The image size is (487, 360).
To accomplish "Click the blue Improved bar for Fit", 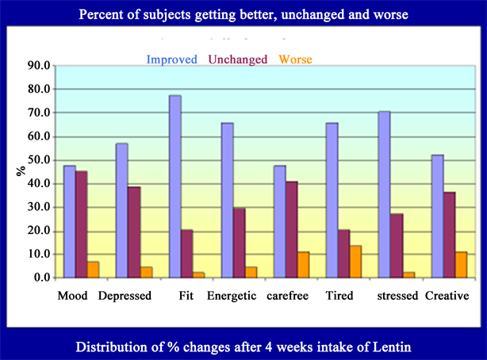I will (174, 186).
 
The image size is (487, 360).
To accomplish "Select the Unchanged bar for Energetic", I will (239, 243).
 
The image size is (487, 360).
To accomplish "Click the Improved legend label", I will (171, 59).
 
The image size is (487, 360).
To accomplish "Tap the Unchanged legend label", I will (239, 59).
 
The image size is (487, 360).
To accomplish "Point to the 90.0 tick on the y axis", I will (38, 65).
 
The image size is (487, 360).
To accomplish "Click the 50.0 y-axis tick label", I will (38, 159).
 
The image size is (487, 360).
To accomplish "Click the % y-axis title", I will (19, 171).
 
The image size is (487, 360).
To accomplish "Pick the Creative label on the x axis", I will (447, 297).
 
